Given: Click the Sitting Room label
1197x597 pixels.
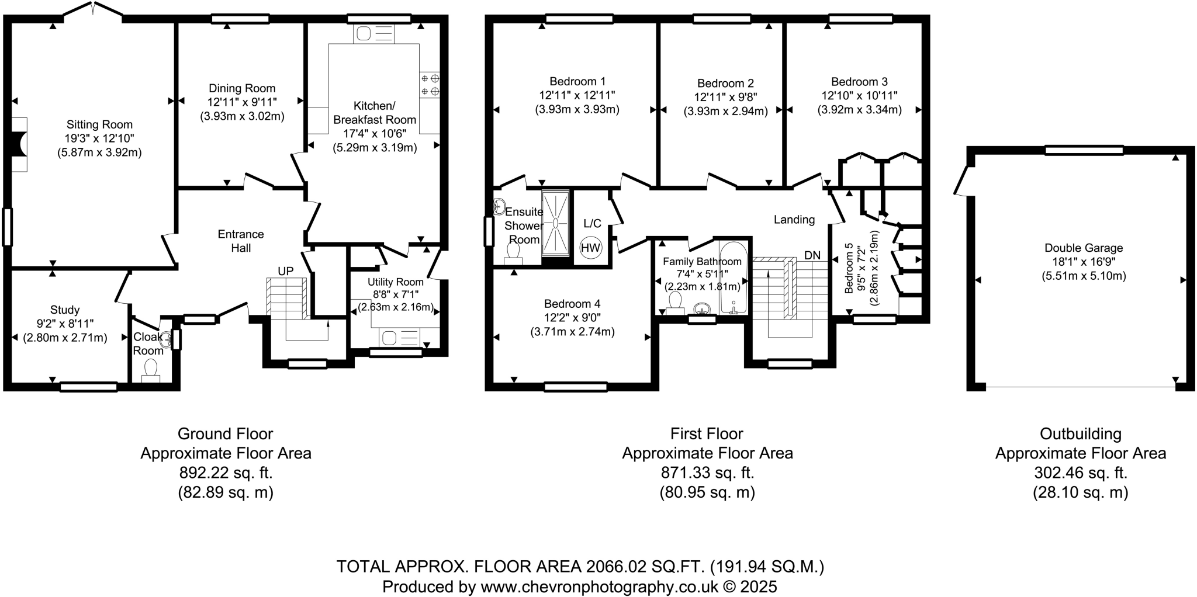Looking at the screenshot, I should [99, 124].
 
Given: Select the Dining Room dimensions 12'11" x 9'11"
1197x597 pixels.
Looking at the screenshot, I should [242, 102].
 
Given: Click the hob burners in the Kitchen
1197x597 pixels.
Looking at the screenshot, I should [430, 85].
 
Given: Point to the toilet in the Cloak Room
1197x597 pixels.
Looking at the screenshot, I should [151, 369].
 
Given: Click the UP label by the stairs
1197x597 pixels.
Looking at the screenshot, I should [285, 271].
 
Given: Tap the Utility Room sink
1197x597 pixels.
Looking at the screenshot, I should [389, 338].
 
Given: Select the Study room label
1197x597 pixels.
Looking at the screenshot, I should [65, 310].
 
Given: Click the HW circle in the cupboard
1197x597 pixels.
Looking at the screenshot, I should [590, 248].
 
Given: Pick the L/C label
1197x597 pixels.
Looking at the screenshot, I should [592, 223].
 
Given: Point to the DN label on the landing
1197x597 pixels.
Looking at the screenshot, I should [812, 255].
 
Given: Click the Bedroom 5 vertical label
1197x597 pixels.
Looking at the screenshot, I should [849, 269].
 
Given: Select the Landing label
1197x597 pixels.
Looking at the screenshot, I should [794, 220].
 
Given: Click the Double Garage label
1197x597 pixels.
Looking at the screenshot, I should [1084, 248].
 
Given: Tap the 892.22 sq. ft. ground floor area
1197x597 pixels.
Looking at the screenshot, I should [226, 472].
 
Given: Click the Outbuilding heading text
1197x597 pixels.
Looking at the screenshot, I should [1080, 433].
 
